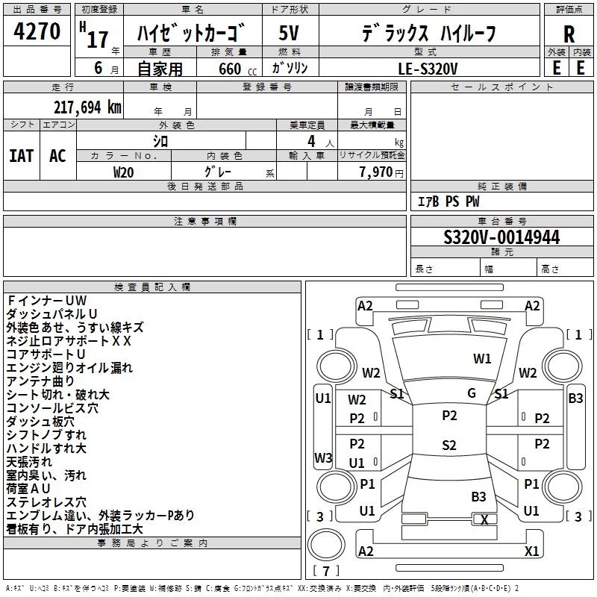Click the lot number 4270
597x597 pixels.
point(37,31)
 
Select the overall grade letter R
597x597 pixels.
point(569,34)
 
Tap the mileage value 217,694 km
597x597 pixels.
point(87,107)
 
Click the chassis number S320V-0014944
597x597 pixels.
point(501,237)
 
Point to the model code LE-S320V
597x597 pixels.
point(428,69)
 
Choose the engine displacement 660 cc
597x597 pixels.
point(237,69)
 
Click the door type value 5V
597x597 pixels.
point(289,33)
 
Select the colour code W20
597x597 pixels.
point(123,172)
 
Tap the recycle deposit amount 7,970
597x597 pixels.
point(376,172)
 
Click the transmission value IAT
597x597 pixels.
point(22,156)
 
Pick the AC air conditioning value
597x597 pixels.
point(57,156)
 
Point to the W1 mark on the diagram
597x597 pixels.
point(482,358)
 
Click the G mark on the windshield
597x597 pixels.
point(472,393)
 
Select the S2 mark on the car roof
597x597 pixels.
point(449,445)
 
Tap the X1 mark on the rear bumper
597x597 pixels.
point(531,551)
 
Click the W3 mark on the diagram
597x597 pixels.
point(323,457)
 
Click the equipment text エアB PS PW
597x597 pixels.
point(448,201)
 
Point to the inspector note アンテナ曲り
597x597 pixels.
point(40,381)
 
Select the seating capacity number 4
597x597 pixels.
point(311,141)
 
